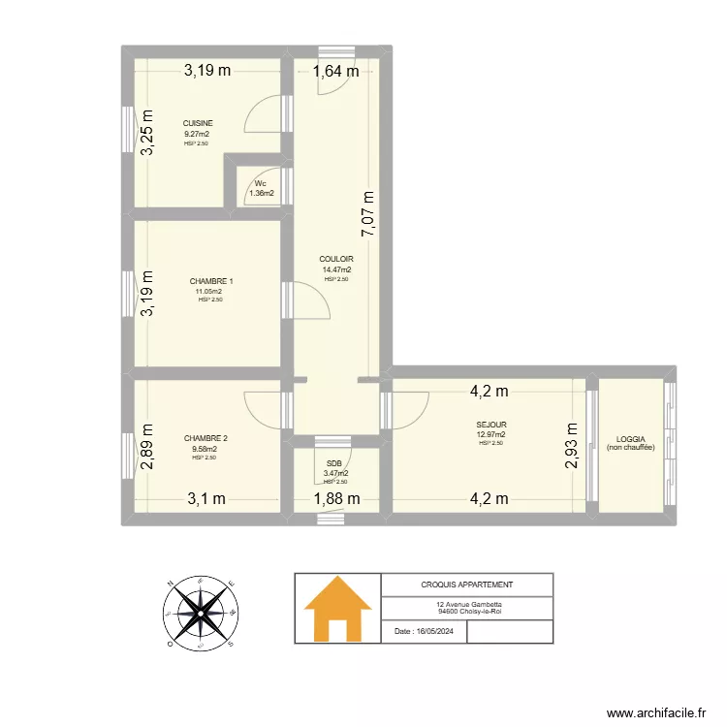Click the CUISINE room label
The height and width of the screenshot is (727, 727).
pyautogui.click(x=198, y=123)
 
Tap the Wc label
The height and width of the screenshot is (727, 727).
pyautogui.click(x=261, y=183)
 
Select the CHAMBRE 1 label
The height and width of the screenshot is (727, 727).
pyautogui.click(x=210, y=281)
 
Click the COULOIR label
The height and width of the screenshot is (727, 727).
pyautogui.click(x=336, y=259)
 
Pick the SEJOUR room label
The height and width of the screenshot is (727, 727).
pyautogui.click(x=490, y=425)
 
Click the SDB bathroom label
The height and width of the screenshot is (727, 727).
pyautogui.click(x=335, y=463)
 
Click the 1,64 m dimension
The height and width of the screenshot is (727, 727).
pyautogui.click(x=336, y=70)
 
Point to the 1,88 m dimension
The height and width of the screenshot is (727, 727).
pyautogui.click(x=336, y=499)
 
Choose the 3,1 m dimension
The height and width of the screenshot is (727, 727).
pyautogui.click(x=206, y=499)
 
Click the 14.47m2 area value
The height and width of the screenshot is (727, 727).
pyautogui.click(x=336, y=269)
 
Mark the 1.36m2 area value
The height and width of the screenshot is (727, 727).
pyautogui.click(x=262, y=193)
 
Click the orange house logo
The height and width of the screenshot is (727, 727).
pyautogui.click(x=337, y=608)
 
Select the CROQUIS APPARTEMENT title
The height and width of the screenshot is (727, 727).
pyautogui.click(x=467, y=585)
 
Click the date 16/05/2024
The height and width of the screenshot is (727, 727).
pyautogui.click(x=425, y=631)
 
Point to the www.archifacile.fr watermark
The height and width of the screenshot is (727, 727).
pyautogui.click(x=656, y=712)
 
